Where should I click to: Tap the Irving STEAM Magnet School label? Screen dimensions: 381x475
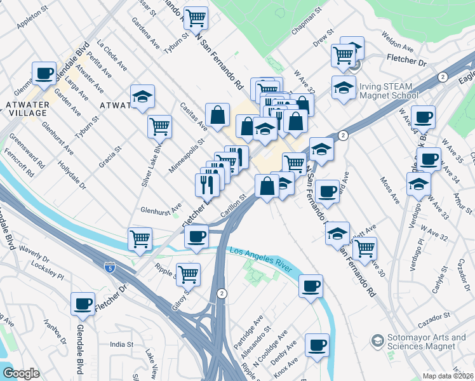tap(389, 91)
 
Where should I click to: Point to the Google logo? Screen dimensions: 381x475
tap(21, 373)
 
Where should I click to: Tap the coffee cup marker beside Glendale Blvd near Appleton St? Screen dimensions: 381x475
tap(44, 74)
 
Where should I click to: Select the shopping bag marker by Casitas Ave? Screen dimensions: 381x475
tap(217, 116)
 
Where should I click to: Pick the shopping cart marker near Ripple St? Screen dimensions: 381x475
tap(188, 274)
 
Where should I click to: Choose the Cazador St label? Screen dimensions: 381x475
tap(434, 314)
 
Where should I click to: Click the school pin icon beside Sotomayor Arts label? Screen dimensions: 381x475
tap(377, 342)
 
